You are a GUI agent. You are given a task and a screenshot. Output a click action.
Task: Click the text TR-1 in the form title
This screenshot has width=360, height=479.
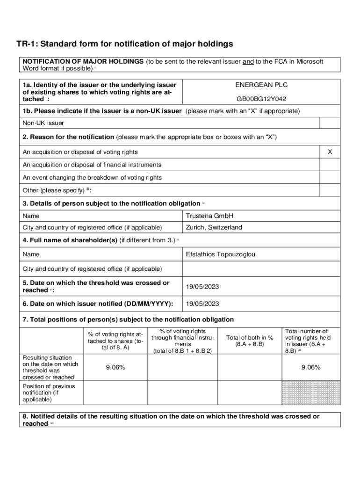tap(27, 44)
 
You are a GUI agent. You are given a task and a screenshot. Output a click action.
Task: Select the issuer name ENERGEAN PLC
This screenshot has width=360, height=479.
tap(261, 85)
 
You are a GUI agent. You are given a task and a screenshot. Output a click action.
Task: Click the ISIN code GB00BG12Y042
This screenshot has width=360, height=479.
tap(261, 99)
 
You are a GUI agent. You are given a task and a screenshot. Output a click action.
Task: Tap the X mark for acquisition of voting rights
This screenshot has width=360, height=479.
tap(330, 152)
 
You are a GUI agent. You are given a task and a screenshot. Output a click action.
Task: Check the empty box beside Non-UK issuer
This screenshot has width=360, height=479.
tap(330, 123)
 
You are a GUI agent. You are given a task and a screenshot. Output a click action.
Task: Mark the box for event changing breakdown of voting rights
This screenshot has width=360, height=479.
tap(330, 178)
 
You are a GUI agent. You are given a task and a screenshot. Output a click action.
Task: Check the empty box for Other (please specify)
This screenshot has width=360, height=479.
tap(330, 190)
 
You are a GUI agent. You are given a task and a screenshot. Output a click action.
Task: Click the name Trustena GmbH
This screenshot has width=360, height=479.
tap(209, 216)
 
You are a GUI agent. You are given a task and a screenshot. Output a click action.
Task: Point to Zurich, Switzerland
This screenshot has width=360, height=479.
tap(214, 227)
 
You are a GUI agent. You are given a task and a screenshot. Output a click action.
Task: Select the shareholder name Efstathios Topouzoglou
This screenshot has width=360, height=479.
tap(221, 254)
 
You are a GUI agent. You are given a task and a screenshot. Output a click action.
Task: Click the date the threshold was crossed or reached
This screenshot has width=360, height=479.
tap(202, 287)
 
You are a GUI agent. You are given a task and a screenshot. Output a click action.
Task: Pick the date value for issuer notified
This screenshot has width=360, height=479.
tap(202, 304)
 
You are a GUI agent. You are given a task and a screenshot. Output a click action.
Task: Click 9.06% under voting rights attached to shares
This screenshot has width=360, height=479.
tap(115, 368)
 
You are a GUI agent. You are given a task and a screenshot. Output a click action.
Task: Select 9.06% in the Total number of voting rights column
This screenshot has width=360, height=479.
tap(311, 368)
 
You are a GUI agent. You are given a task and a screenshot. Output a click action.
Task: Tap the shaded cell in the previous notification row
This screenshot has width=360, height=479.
tap(311, 392)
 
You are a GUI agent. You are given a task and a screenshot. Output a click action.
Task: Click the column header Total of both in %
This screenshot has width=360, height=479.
tap(250, 341)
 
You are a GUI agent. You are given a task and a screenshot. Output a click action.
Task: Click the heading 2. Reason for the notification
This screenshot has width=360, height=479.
tap(68, 137)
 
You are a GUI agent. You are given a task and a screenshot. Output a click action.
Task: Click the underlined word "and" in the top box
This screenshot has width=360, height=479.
tap(248, 62)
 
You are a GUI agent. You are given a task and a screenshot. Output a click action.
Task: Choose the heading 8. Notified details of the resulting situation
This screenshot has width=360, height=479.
tap(171, 416)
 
